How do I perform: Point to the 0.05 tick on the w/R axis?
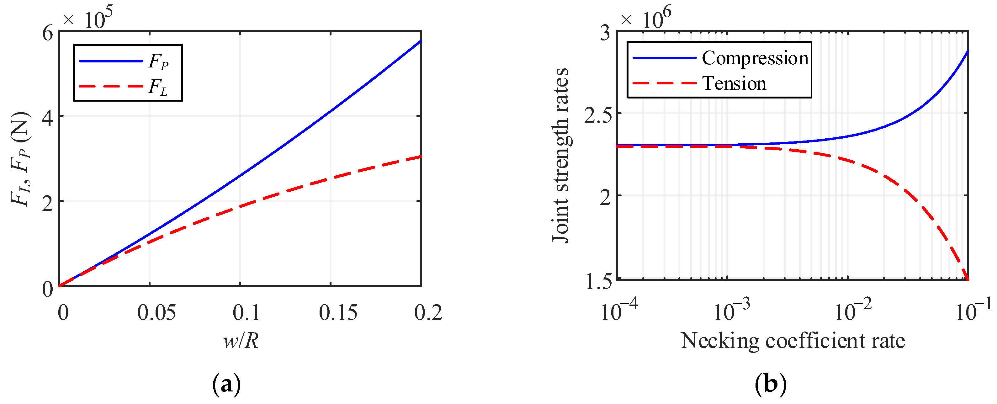pos(156,313)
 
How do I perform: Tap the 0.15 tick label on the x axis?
pos(338,313)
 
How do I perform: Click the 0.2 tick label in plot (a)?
pos(428,313)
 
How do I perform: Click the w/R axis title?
pos(241,341)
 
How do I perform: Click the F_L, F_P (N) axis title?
pos(20,159)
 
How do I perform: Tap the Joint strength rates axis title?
pos(560,156)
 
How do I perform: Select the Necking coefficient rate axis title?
pos(793,341)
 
